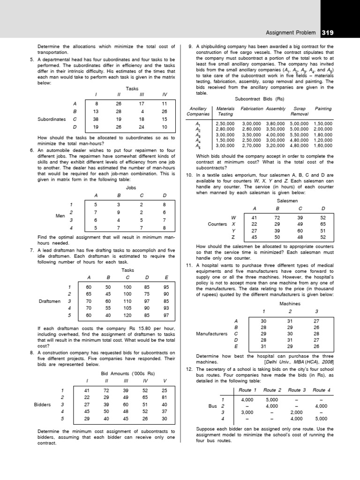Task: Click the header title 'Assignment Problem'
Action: click(x=292, y=33)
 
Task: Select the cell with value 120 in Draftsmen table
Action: click(x=127, y=315)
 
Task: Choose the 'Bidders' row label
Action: click(x=43, y=404)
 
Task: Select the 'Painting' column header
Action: click(x=323, y=108)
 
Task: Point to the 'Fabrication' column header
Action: click(x=252, y=108)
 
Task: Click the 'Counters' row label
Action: click(x=218, y=224)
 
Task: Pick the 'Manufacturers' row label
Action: click(x=211, y=334)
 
